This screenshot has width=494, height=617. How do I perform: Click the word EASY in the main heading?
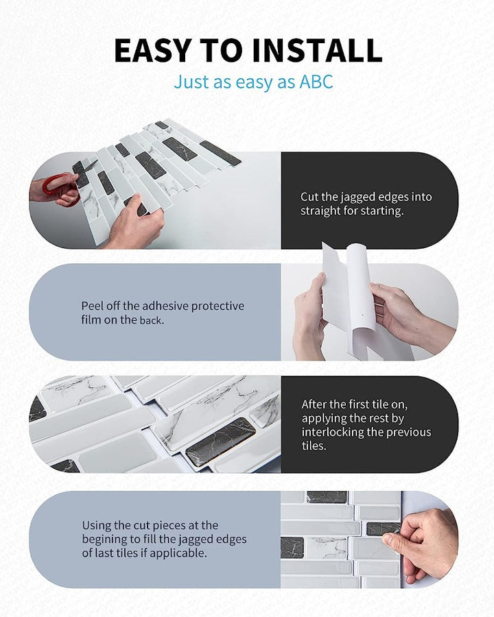point(152,51)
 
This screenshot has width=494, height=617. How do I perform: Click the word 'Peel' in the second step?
point(93,306)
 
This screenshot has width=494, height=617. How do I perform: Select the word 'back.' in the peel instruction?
point(153,319)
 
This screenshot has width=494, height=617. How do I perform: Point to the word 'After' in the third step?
point(316,404)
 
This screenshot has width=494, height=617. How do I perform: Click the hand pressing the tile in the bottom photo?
point(425,542)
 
